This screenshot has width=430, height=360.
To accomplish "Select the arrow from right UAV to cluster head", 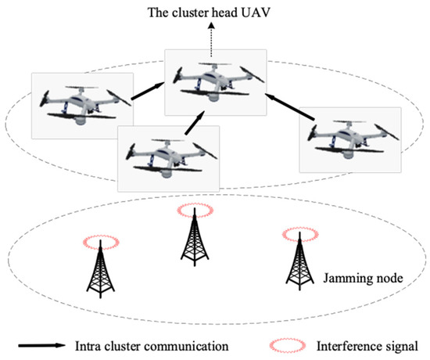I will (290, 108).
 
